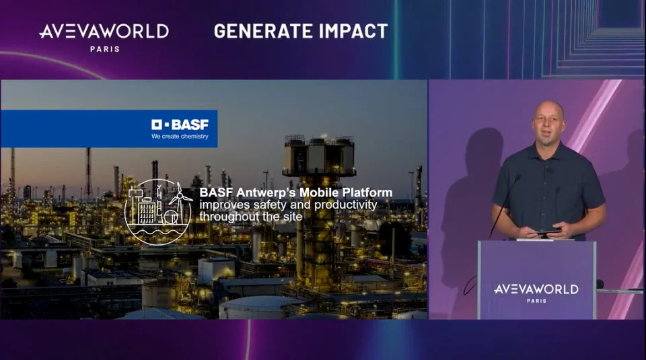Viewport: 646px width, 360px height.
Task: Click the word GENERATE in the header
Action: pyautogui.click(x=257, y=32)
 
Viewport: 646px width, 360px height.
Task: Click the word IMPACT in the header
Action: pyautogui.click(x=348, y=32)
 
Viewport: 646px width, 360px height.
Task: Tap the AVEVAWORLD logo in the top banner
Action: pyautogui.click(x=104, y=32)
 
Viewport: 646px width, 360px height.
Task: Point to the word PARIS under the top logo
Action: pyautogui.click(x=105, y=49)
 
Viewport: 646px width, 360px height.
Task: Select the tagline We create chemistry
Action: pyautogui.click(x=180, y=137)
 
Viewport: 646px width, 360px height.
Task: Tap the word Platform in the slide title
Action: pyautogui.click(x=367, y=192)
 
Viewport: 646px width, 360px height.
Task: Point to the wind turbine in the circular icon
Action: pyautogui.click(x=179, y=199)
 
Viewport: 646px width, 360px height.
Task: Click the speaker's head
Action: pyautogui.click(x=548, y=122)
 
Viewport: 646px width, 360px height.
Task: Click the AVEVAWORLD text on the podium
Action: pyautogui.click(x=536, y=289)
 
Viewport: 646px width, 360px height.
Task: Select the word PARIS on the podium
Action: pyautogui.click(x=536, y=301)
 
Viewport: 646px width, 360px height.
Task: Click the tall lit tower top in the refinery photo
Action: pyautogui.click(x=319, y=155)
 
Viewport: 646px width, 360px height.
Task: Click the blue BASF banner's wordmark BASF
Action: pyautogui.click(x=190, y=124)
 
